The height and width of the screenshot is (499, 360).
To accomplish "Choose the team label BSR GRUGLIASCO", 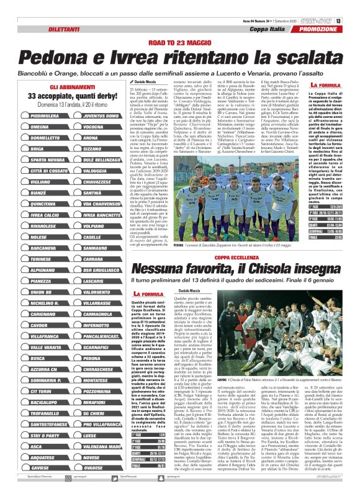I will coord(101,271).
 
